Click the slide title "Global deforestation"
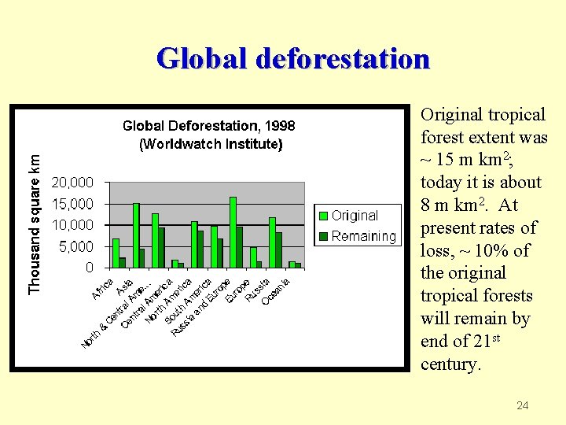(x=292, y=59)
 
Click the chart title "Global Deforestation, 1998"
(x=208, y=126)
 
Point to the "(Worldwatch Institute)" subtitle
(x=210, y=144)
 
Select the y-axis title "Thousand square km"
(x=35, y=213)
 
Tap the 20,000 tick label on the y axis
(x=72, y=183)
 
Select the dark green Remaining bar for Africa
(x=123, y=262)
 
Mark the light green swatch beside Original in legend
(x=322, y=216)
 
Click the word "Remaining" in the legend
(x=363, y=236)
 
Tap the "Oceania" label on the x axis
(x=277, y=292)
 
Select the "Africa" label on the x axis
(x=103, y=289)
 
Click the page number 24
(x=522, y=405)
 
